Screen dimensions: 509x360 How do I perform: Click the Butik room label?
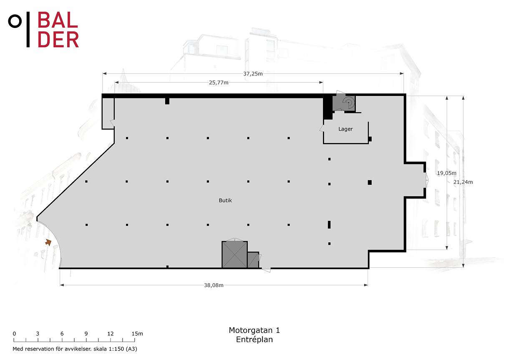tap(225, 200)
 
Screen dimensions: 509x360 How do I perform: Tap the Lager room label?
tap(345, 129)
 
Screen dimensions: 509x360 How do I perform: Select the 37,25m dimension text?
tap(253, 74)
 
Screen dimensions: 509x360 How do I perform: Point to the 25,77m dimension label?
tap(219, 83)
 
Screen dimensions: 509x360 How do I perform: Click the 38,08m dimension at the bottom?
tap(214, 285)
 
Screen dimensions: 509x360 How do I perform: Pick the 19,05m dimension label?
tap(446, 173)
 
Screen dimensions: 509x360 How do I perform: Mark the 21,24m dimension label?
tap(463, 182)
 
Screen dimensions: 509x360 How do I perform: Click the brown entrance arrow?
tap(48, 242)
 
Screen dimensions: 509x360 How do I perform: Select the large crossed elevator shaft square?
tap(234, 254)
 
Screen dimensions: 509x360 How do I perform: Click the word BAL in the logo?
tap(58, 20)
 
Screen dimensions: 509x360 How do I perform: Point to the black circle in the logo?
tap(15, 21)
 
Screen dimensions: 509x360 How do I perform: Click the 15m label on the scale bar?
tap(137, 334)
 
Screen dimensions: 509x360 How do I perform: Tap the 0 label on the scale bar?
tap(14, 334)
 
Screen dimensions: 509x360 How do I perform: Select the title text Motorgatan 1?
tap(254, 330)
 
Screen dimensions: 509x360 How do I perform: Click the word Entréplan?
tap(254, 340)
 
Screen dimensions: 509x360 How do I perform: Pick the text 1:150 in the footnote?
tap(116, 349)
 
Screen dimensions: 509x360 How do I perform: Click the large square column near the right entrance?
tap(370, 182)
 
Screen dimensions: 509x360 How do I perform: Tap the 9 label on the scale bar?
tap(86, 334)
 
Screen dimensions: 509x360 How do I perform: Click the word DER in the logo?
tap(58, 40)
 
